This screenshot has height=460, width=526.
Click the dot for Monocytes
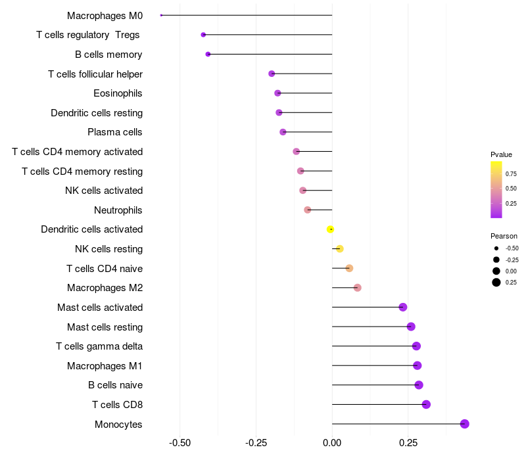coord(465,424)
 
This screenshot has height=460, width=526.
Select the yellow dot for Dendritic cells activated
coord(331,229)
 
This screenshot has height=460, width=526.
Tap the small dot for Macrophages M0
coord(161,15)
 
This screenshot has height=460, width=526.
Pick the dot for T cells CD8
coord(426,405)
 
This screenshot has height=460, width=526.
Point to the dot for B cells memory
coord(208,54)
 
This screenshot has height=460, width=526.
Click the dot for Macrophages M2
coord(357,288)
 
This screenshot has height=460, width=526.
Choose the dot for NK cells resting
coord(340,248)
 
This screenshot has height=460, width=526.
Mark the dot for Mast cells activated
coord(403,307)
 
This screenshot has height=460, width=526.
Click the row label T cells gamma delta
coord(99,346)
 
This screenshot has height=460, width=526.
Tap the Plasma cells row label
coord(115,132)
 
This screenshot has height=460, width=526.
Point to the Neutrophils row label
coord(118,210)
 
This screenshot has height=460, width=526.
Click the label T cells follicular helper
coord(95,74)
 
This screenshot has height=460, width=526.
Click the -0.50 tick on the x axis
coord(180,442)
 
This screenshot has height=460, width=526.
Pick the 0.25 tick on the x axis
coord(408,442)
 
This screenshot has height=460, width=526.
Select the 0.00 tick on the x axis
coord(332,442)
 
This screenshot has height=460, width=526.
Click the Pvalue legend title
coord(501,154)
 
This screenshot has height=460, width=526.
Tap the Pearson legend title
coord(504,236)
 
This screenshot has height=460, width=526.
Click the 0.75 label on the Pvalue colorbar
coord(511,174)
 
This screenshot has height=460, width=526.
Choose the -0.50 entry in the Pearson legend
coord(512,248)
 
